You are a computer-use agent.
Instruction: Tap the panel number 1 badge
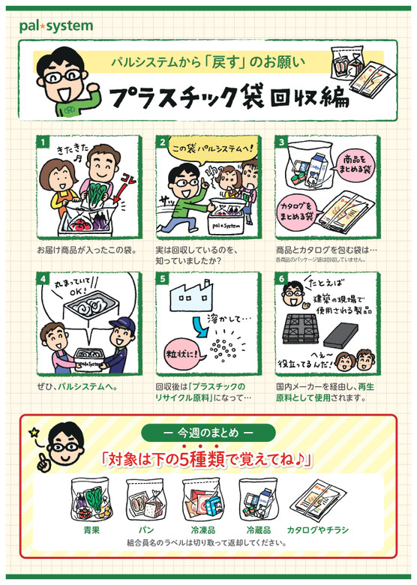(43, 141)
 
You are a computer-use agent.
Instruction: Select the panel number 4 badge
(43, 277)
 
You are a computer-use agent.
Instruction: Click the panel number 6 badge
(281, 277)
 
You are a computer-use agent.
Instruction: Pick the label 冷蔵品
(257, 529)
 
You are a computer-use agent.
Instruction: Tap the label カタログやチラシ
(318, 529)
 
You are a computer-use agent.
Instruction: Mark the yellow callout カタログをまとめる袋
(299, 206)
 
